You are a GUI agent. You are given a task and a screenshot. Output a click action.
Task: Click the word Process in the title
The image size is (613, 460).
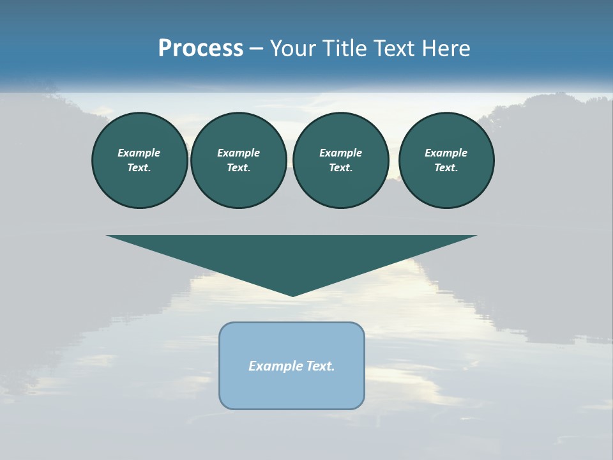pyautogui.click(x=201, y=48)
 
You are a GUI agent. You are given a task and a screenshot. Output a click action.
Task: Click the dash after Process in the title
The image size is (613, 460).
pyautogui.click(x=256, y=49)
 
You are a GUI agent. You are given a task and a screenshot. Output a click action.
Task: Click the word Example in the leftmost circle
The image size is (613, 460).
pyautogui.click(x=139, y=153)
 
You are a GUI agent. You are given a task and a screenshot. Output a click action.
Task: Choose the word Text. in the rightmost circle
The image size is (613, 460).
pyautogui.click(x=446, y=167)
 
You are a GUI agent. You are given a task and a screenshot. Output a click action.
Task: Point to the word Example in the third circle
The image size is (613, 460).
pyautogui.click(x=340, y=153)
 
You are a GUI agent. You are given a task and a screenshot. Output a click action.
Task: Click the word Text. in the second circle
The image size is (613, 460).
pyautogui.click(x=239, y=167)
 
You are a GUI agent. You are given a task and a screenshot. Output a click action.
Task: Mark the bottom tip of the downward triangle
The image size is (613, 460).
pyautogui.click(x=293, y=295)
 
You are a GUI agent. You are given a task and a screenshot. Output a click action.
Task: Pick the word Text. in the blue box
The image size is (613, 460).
pyautogui.click(x=321, y=366)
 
